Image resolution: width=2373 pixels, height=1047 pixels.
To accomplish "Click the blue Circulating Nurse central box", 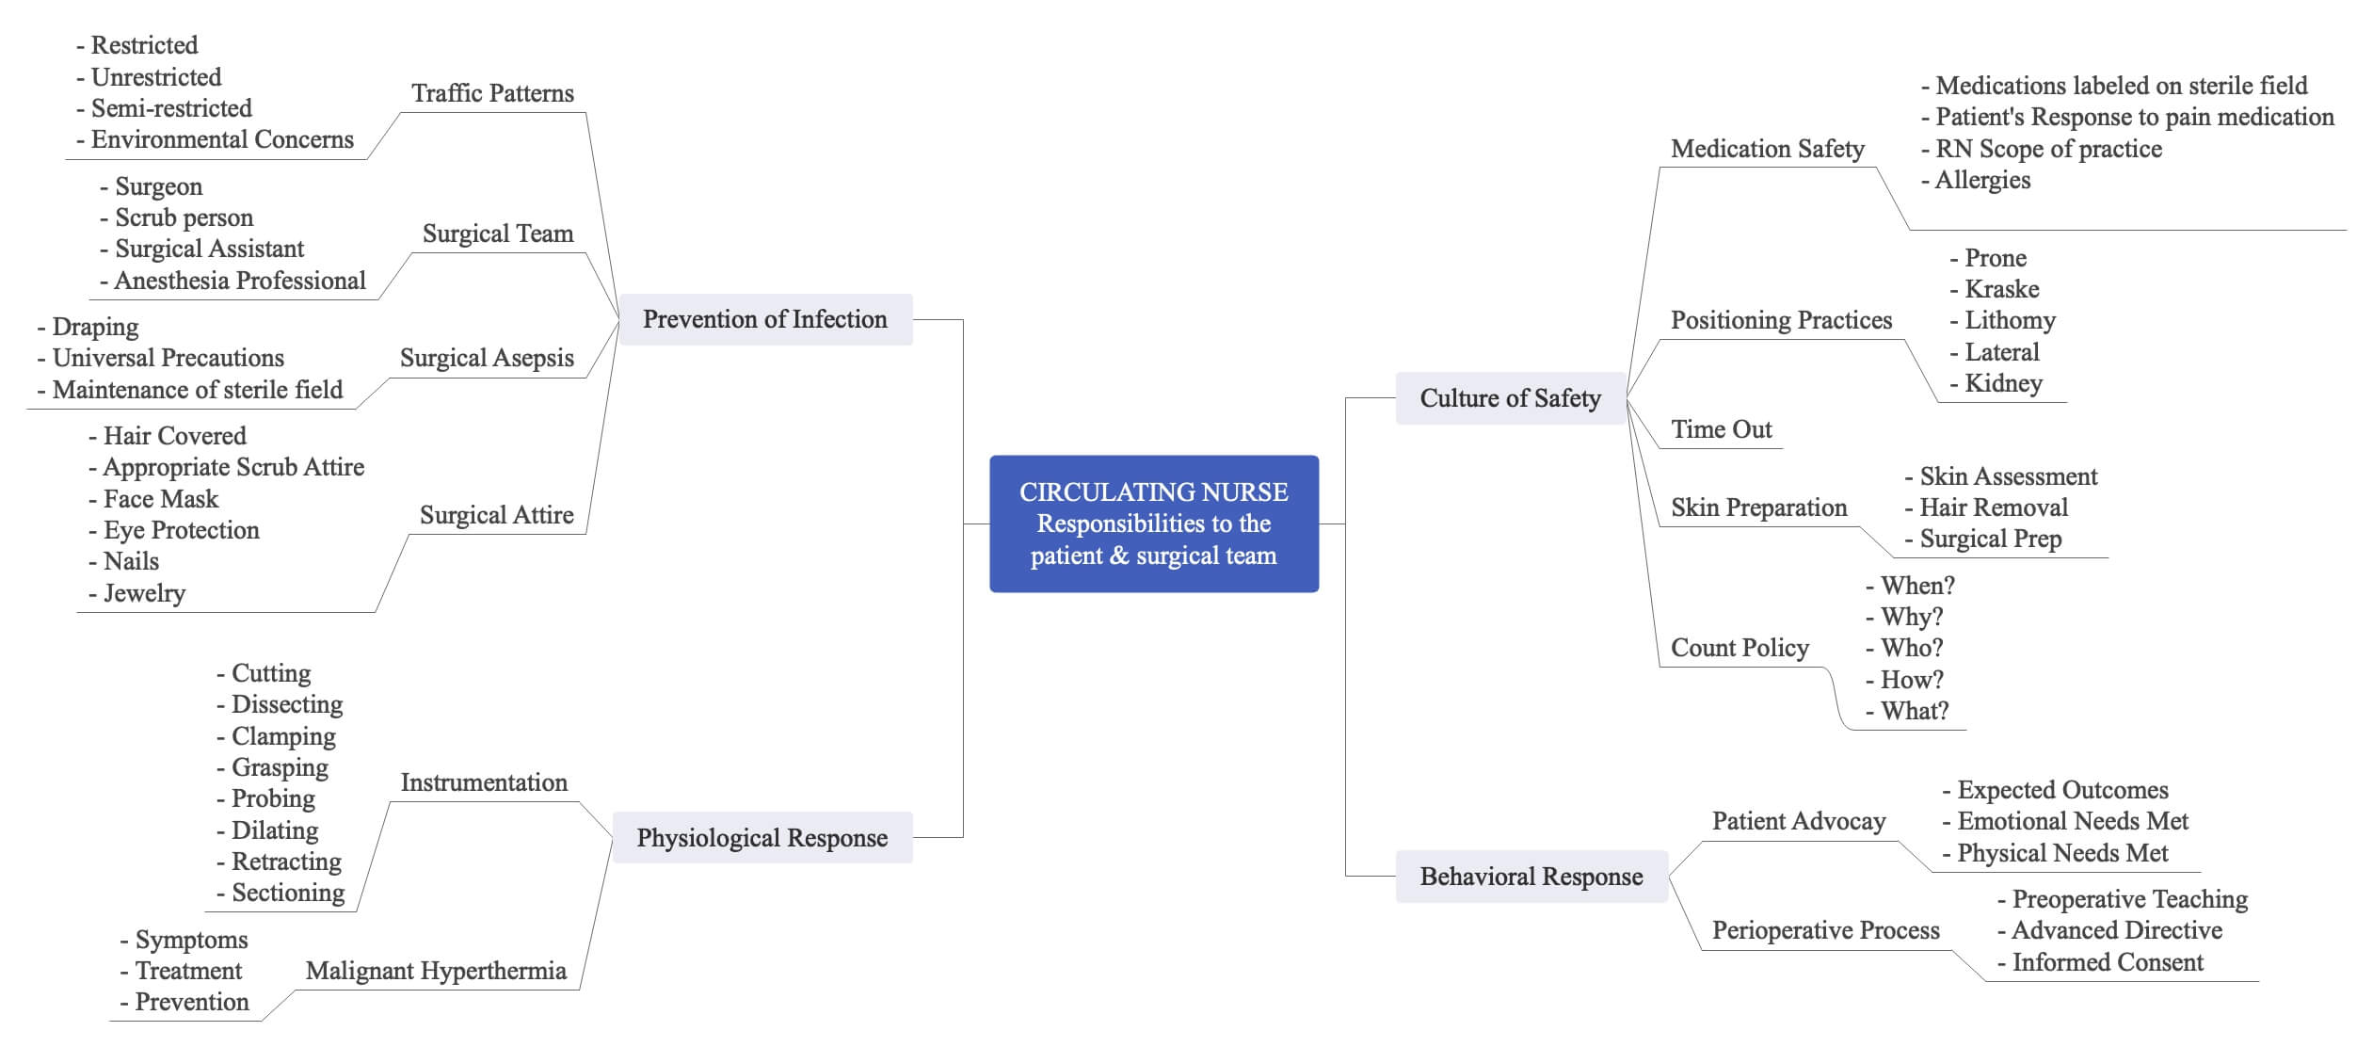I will click(1153, 523).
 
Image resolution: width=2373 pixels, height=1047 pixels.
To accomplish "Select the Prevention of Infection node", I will click(764, 319).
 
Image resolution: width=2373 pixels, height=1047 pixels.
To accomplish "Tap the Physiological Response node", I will click(762, 838).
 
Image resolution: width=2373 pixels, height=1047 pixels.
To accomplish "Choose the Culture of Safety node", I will click(1510, 398).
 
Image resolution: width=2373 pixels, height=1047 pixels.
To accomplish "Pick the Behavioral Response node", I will click(1531, 877).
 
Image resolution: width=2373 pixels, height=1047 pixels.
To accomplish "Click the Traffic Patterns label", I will click(492, 93).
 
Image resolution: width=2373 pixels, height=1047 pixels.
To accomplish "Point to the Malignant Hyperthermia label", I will click(436, 971).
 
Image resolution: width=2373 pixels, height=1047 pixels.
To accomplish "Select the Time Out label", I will click(1721, 429).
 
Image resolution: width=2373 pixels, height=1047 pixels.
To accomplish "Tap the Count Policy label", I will click(1740, 648).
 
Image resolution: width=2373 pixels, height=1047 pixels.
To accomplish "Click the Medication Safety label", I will click(1767, 149).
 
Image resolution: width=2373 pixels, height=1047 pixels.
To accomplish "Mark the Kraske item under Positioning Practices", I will click(2001, 289).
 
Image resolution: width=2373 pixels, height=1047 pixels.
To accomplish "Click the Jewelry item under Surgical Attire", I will click(143, 593).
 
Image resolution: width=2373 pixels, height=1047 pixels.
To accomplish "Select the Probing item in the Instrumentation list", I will click(272, 798).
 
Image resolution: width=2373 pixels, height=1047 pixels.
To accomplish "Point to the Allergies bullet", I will click(1981, 180).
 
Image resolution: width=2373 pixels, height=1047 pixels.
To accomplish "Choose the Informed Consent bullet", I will click(2107, 962).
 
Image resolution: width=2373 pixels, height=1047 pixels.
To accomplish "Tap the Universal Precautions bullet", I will click(167, 358).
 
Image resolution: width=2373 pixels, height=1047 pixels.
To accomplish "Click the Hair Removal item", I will click(1993, 507).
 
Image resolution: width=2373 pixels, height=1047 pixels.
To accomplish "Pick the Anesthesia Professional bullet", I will click(239, 281).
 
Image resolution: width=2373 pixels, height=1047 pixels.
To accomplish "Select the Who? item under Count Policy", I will click(1911, 648).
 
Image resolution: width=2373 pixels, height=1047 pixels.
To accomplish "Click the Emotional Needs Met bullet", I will click(2072, 821).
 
